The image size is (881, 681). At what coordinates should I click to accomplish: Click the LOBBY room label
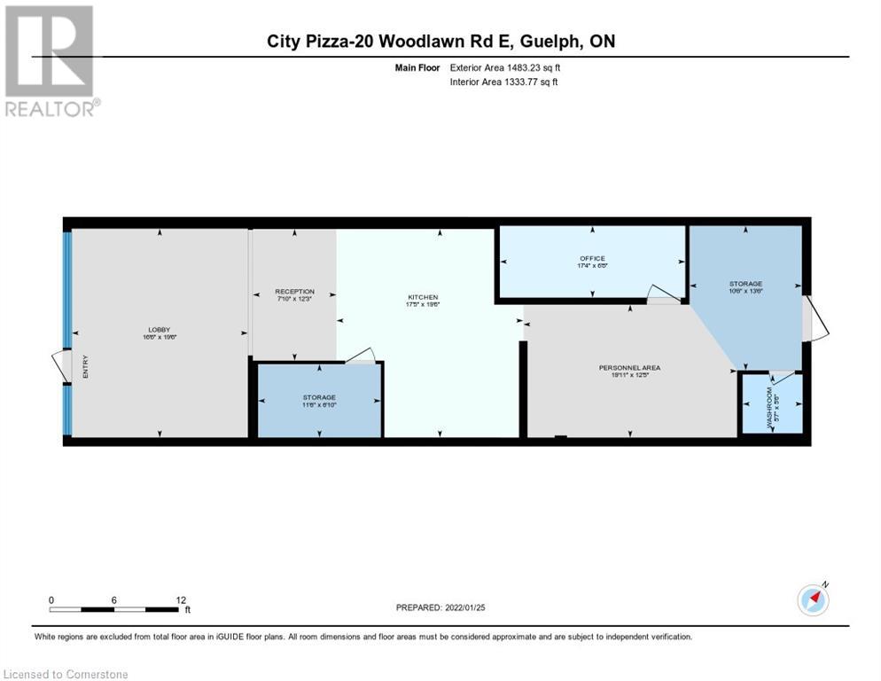click(x=159, y=330)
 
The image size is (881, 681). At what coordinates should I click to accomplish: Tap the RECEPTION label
click(x=294, y=291)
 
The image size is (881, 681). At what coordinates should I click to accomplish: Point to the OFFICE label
click(x=592, y=258)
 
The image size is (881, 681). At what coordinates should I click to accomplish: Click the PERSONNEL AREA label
click(x=629, y=367)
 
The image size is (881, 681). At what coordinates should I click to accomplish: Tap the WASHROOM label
click(x=770, y=403)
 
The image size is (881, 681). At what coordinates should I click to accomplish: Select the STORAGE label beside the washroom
click(x=745, y=284)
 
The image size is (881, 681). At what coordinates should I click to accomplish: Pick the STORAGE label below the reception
click(x=319, y=397)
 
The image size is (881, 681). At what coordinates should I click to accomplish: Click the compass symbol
click(x=813, y=599)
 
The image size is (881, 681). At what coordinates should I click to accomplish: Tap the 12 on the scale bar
click(x=180, y=599)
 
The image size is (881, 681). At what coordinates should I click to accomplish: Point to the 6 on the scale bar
click(x=114, y=599)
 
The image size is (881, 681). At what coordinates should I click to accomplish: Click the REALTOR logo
click(x=50, y=60)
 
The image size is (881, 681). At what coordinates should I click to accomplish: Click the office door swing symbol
click(x=661, y=294)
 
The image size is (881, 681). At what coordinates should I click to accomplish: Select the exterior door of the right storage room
click(x=815, y=319)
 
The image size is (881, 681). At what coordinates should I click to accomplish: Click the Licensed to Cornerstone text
click(x=66, y=675)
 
